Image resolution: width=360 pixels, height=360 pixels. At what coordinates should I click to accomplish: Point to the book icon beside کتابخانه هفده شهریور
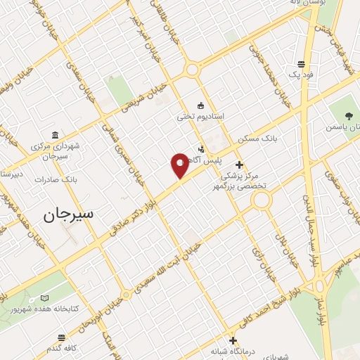46,298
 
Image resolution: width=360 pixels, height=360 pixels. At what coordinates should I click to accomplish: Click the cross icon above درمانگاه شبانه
233,341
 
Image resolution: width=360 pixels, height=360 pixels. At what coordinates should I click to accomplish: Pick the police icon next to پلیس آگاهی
202,149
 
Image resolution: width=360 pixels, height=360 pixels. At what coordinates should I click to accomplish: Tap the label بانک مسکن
257,139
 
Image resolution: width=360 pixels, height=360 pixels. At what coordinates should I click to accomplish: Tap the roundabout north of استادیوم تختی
192,70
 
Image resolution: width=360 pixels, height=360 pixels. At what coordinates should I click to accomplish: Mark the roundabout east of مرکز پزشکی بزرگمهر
262,201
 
